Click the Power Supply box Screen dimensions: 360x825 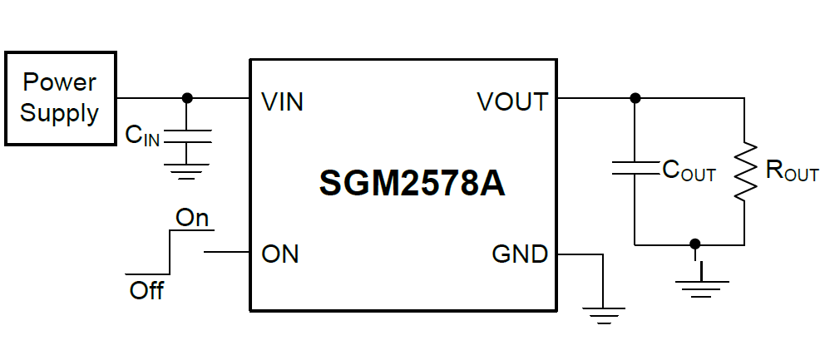pyautogui.click(x=59, y=98)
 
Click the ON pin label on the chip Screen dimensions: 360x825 pyautogui.click(x=280, y=254)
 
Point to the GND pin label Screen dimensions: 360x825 pyautogui.click(x=520, y=254)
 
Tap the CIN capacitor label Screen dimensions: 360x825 pyautogui.click(x=142, y=135)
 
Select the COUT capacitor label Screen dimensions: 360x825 pyautogui.click(x=689, y=170)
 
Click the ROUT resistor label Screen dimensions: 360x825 pyautogui.click(x=792, y=171)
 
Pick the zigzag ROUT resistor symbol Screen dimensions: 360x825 pyautogui.click(x=745, y=171)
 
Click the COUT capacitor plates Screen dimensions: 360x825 pyautogui.click(x=635, y=169)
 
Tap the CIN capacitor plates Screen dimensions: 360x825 pyautogui.click(x=187, y=136)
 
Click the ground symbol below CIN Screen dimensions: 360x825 pyautogui.click(x=187, y=173)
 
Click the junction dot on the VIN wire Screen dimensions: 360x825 pyautogui.click(x=187, y=98)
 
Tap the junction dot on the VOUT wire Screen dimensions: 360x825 pyautogui.click(x=635, y=98)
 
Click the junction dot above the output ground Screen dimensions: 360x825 pyautogui.click(x=695, y=244)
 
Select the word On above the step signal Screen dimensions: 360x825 pyautogui.click(x=192, y=218)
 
